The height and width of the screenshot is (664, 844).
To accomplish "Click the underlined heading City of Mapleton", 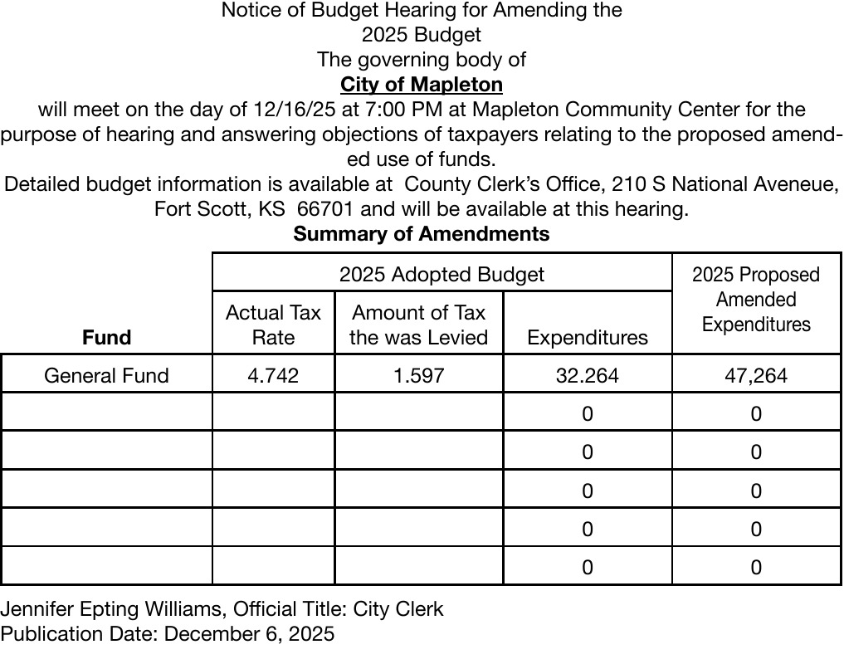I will pyautogui.click(x=421, y=85).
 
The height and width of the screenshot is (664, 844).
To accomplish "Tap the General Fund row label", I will pyautogui.click(x=106, y=375).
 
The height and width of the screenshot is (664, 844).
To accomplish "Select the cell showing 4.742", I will pyautogui.click(x=273, y=375).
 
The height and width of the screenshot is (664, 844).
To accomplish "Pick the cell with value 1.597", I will pyautogui.click(x=419, y=375).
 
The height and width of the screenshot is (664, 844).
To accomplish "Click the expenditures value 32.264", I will pyautogui.click(x=587, y=375).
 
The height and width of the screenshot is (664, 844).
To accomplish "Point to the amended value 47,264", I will pyautogui.click(x=755, y=375).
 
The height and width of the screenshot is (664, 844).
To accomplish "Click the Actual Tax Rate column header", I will pyautogui.click(x=273, y=325).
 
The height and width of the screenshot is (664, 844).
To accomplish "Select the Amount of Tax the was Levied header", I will pyautogui.click(x=419, y=325).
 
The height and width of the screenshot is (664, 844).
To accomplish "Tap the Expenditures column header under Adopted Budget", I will pyautogui.click(x=587, y=338).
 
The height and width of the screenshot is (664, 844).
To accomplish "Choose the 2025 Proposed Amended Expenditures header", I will pyautogui.click(x=755, y=300).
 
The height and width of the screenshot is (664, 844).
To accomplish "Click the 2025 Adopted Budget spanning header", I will pyautogui.click(x=442, y=274).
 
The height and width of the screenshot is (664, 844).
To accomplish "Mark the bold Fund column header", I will pyautogui.click(x=106, y=338).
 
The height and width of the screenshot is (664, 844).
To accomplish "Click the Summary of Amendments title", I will pyautogui.click(x=421, y=234).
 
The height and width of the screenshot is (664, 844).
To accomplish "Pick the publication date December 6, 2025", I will pyautogui.click(x=249, y=634).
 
